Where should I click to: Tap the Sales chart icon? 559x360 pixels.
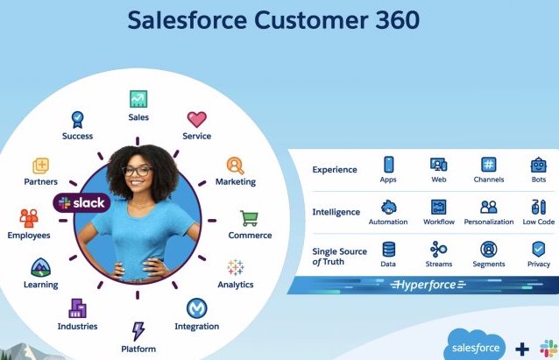point(138,99)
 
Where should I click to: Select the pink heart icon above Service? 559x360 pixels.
point(196,119)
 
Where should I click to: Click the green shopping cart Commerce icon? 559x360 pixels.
point(250,218)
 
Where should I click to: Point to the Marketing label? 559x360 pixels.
point(236,182)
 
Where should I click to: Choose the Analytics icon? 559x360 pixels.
point(235,267)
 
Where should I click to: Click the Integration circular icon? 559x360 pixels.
point(196,308)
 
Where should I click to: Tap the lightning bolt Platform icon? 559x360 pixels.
point(138,331)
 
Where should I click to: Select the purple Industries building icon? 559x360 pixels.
point(78,307)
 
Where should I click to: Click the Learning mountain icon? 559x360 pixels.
point(40,267)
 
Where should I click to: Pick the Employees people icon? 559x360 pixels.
point(29,217)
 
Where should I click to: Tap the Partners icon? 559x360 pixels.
point(40,166)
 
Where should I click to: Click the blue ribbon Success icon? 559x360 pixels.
point(77,118)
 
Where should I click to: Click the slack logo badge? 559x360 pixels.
point(81,202)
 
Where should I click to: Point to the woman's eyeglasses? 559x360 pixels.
point(138,171)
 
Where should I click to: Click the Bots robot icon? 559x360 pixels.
point(538,165)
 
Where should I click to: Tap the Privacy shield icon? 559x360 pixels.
point(538,249)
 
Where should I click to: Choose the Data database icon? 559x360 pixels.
point(388,249)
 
